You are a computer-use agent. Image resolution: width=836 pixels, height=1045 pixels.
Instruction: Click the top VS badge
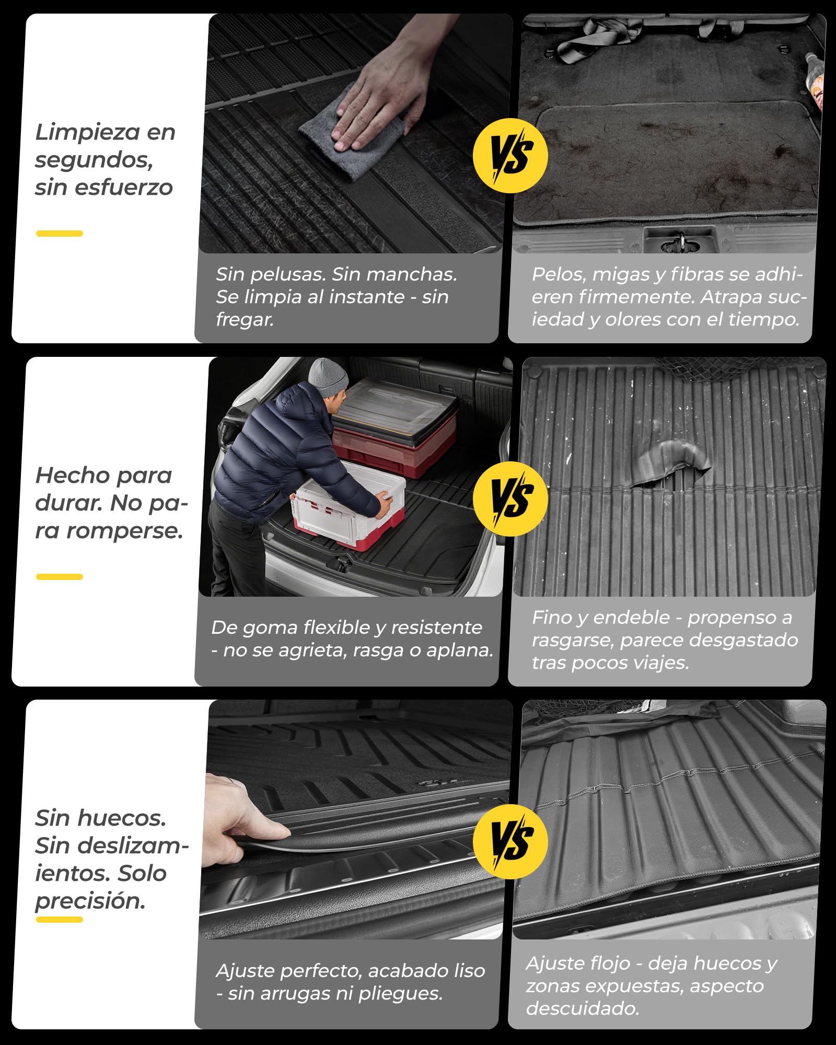point(510,156)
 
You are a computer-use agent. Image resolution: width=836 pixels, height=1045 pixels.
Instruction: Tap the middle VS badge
point(510,498)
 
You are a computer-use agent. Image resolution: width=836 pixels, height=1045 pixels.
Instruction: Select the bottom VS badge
point(510,841)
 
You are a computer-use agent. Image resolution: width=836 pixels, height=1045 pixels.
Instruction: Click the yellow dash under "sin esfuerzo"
point(59,233)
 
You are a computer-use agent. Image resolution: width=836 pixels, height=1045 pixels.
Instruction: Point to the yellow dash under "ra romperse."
point(59,576)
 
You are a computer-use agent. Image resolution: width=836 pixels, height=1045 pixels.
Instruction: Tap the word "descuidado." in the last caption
point(583,1008)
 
